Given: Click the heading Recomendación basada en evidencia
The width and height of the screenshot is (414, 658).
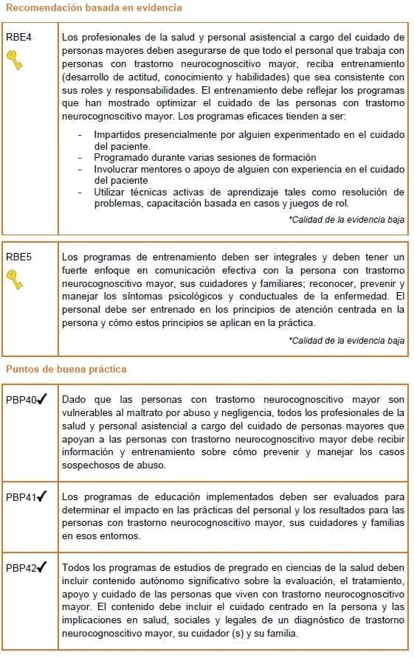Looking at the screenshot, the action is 94,8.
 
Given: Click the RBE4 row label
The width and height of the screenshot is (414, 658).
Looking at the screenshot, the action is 18,37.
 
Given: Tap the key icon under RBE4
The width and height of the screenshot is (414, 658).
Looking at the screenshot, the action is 15,60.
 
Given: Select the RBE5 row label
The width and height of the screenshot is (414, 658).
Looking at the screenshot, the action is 18,257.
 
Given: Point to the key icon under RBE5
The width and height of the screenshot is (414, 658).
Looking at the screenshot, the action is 15,280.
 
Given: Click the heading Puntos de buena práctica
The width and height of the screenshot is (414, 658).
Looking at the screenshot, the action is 66,369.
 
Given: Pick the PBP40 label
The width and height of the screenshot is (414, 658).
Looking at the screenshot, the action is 21,401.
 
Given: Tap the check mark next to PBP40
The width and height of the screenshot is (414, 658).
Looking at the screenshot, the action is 42,400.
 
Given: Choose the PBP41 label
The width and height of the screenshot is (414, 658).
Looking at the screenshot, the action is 21,496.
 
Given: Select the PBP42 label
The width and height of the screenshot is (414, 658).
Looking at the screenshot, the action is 21,568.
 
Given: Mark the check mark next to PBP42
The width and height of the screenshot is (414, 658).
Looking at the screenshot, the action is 42,567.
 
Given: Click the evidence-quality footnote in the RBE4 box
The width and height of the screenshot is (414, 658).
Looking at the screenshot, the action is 346,220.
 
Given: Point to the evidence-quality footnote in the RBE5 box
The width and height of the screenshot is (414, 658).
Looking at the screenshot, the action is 346,341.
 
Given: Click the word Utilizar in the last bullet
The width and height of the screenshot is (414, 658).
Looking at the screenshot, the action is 111,193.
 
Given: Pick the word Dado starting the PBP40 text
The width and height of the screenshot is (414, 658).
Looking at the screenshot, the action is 75,400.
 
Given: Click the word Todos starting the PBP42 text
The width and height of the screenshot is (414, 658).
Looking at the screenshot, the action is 77,567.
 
